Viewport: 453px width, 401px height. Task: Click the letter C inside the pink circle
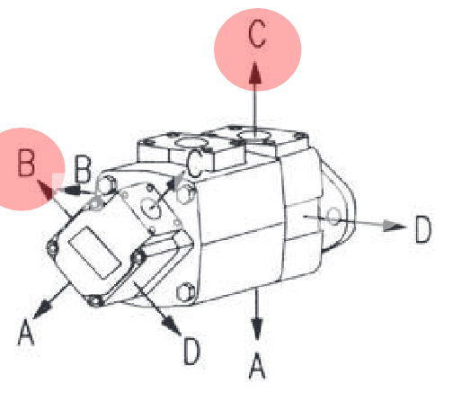(257, 33)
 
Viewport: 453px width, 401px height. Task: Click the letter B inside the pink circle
(26, 162)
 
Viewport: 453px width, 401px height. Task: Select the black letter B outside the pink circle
(83, 169)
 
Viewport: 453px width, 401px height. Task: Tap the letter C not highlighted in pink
(194, 163)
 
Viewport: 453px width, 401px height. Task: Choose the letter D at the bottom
(191, 351)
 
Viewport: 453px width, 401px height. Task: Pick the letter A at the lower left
(26, 332)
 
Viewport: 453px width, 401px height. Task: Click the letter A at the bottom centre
(257, 366)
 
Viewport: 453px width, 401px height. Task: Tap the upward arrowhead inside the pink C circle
(255, 73)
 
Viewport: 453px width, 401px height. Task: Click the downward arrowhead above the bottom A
(257, 330)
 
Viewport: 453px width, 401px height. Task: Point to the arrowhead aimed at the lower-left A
(42, 309)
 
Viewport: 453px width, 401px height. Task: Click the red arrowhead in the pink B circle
(45, 190)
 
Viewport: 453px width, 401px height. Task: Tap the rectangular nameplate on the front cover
(94, 253)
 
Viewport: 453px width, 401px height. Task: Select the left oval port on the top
(191, 141)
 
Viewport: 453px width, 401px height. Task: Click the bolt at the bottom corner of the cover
(95, 301)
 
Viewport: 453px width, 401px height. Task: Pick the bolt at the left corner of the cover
(53, 247)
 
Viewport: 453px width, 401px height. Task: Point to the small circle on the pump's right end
(333, 216)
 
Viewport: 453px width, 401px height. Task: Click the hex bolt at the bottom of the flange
(185, 292)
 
